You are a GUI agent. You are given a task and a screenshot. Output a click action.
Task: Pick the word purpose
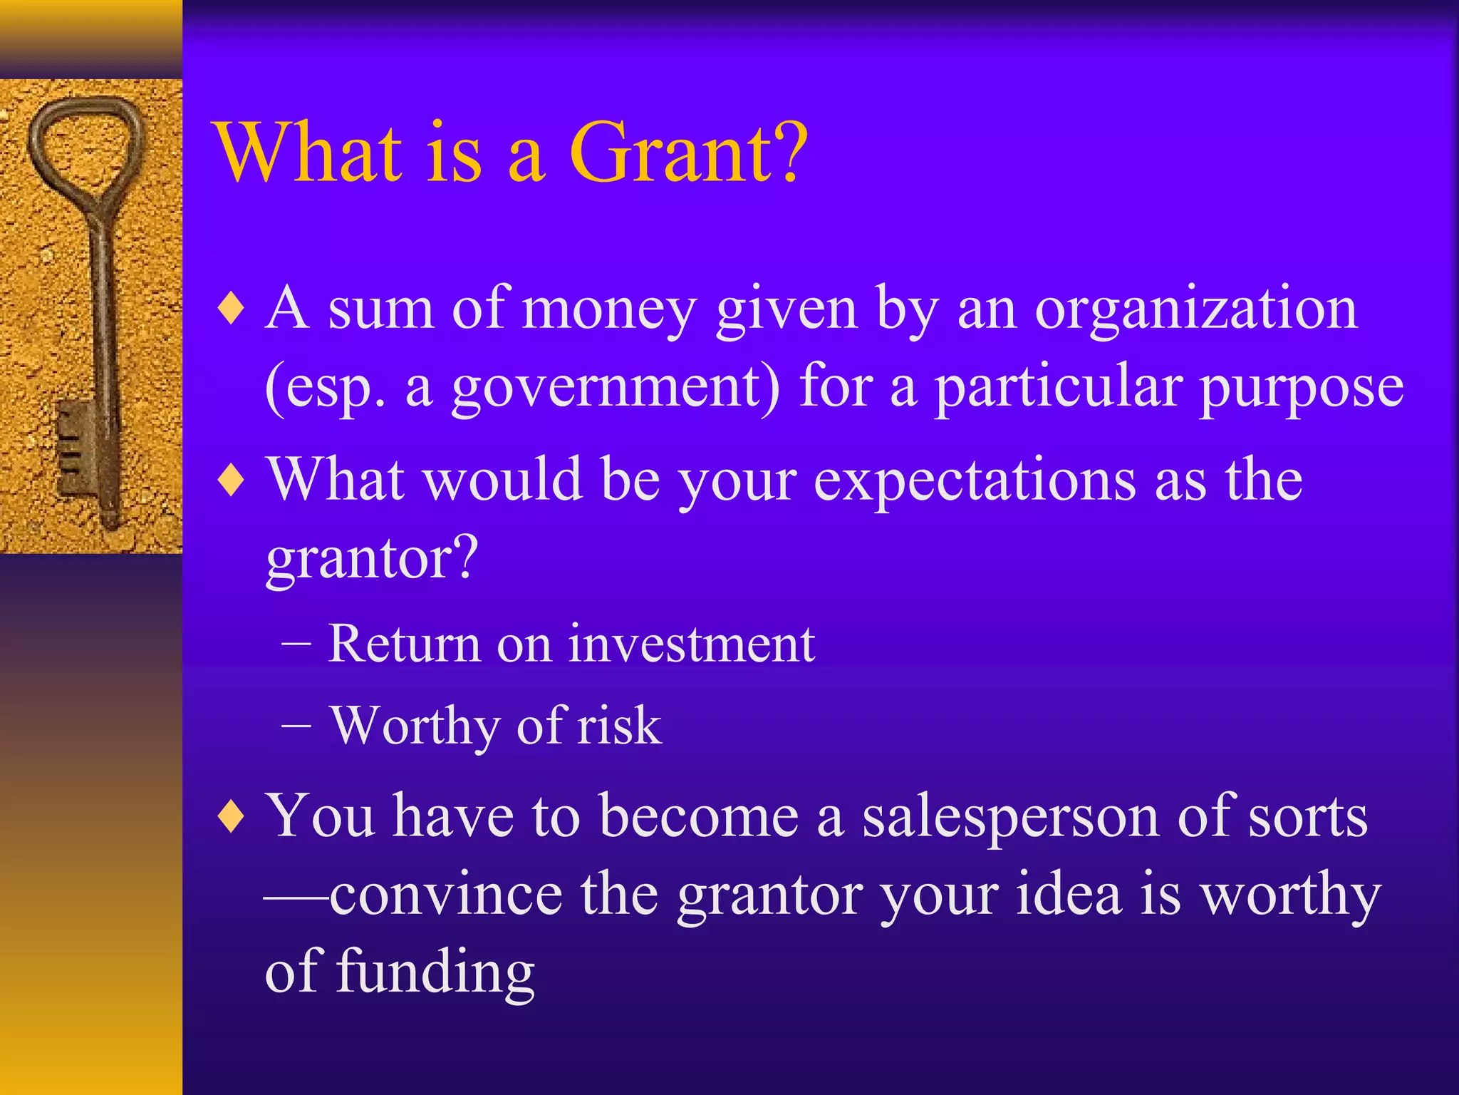pos(1301,389)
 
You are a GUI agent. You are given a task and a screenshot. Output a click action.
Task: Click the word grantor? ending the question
pos(371,558)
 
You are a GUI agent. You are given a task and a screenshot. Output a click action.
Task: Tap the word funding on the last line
pos(435,972)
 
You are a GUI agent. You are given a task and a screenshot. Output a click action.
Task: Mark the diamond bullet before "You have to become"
pos(232,817)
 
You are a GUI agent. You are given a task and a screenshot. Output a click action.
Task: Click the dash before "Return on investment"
pos(296,644)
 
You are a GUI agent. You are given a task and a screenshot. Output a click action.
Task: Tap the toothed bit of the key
pos(74,449)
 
